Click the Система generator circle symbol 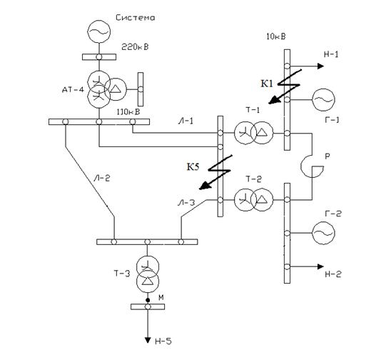pos(98,31)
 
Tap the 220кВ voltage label pos(135,46)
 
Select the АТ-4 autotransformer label pos(73,89)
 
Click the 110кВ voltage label pos(128,112)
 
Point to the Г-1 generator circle pos(323,99)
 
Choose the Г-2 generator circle pos(323,233)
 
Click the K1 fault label pos(267,84)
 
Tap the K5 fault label pos(193,166)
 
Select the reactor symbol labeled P pos(312,166)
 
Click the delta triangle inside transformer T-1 pos(262,132)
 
